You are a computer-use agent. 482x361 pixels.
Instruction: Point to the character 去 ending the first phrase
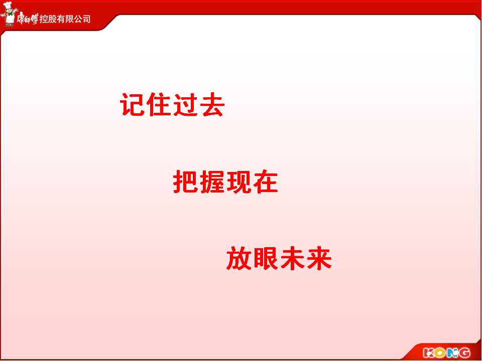212,105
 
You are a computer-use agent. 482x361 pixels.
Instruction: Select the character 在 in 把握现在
265,182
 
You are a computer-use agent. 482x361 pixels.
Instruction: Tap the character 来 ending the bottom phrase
319,259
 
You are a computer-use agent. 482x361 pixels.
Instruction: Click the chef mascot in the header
9,14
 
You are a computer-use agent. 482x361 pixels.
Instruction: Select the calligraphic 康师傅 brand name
27,19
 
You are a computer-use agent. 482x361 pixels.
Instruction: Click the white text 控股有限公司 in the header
65,19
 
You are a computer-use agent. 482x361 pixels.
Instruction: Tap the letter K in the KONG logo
429,352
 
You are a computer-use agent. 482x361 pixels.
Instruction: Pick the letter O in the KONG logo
440,352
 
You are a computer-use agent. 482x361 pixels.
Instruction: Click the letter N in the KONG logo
452,352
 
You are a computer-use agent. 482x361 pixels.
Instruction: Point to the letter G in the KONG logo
464,352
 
